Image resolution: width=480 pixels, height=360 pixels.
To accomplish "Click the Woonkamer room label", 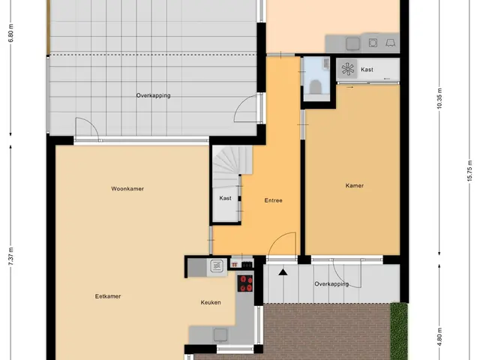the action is (127, 188).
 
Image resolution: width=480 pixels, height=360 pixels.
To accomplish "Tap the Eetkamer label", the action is (108, 296).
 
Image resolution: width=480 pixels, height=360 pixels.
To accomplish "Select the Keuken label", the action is (211, 302).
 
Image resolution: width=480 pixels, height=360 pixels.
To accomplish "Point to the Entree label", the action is (273, 200).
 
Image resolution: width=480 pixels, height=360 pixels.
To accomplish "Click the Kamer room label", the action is (355, 185).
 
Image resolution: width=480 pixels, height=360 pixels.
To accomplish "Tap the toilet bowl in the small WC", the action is (315, 87).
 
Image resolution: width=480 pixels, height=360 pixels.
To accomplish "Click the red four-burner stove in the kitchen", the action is (245, 283).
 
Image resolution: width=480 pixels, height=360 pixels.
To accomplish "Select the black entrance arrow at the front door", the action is (283, 271).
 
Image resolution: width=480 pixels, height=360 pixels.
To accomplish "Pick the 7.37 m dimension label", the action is (11, 256).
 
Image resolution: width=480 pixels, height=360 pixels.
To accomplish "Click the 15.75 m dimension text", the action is (470, 171).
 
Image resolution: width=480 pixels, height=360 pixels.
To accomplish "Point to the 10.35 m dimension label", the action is (439, 98).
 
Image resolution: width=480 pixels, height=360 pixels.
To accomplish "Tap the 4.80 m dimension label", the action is (439, 337).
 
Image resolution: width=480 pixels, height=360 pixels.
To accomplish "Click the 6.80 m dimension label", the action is (11, 33).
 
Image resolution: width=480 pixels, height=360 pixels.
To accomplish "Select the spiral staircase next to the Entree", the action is (232, 166).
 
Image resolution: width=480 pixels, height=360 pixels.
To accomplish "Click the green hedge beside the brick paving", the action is (399, 331).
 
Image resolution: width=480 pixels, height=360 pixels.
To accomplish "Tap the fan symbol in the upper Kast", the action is (348, 69).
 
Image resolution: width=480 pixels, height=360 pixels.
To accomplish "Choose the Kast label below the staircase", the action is (225, 198).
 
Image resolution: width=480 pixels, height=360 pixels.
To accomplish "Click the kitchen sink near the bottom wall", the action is (220, 334).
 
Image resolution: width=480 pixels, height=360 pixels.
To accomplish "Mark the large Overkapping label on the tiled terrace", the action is (153, 95).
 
